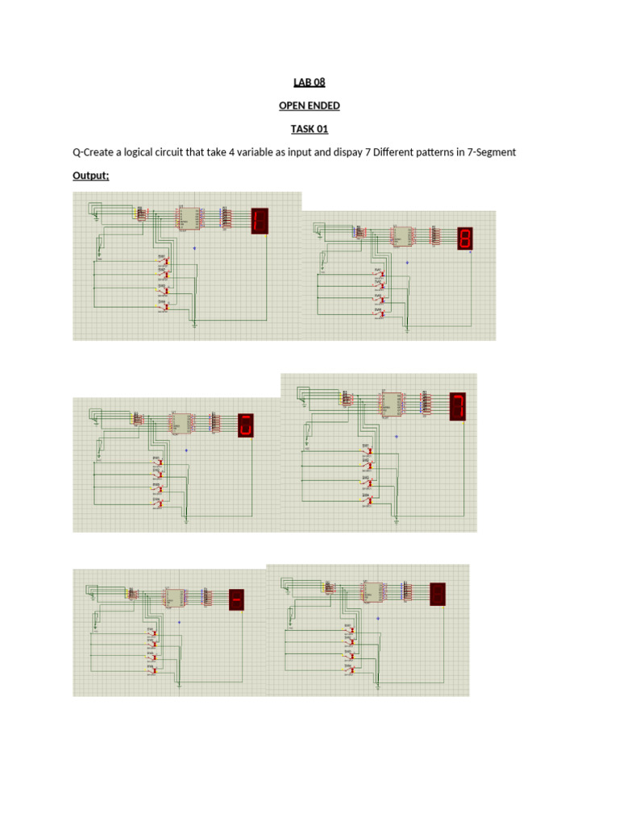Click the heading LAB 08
[x=309, y=82]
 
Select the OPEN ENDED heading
[x=309, y=106]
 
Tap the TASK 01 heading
[x=309, y=129]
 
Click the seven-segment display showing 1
[x=260, y=221]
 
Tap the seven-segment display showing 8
[x=465, y=238]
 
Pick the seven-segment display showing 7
[x=458, y=406]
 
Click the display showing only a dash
[x=237, y=600]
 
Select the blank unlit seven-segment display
[x=438, y=594]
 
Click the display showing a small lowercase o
[x=247, y=425]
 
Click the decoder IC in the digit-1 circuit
[x=184, y=218]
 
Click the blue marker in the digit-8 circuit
[x=407, y=263]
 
